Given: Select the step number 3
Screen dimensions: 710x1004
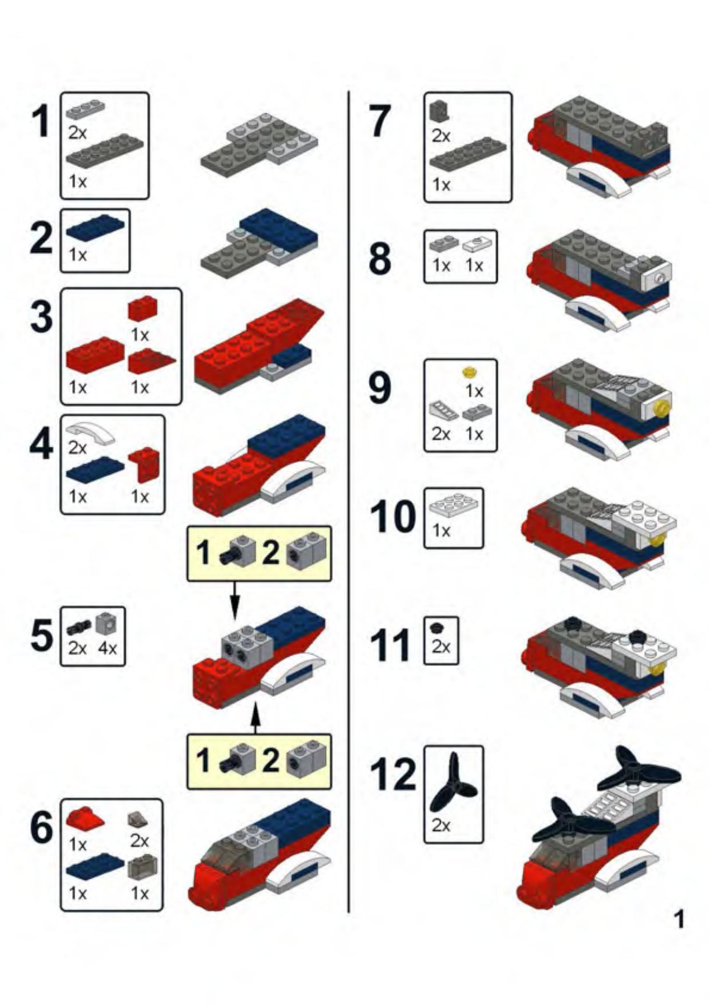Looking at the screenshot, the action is point(41,316).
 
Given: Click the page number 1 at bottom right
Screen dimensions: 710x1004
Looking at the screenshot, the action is point(679,919).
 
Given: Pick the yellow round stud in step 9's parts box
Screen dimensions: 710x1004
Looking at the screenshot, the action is point(470,373).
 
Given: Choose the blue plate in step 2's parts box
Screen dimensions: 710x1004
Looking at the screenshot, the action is point(95,228).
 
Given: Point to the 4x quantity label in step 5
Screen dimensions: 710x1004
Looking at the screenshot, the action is point(108,648).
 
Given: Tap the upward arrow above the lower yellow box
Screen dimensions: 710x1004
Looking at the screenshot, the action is point(256,719).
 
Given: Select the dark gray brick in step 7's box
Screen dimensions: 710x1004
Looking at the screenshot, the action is point(439,110).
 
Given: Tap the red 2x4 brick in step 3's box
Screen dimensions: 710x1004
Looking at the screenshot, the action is point(95,355).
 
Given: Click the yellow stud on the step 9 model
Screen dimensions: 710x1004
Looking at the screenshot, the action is point(662,408).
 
